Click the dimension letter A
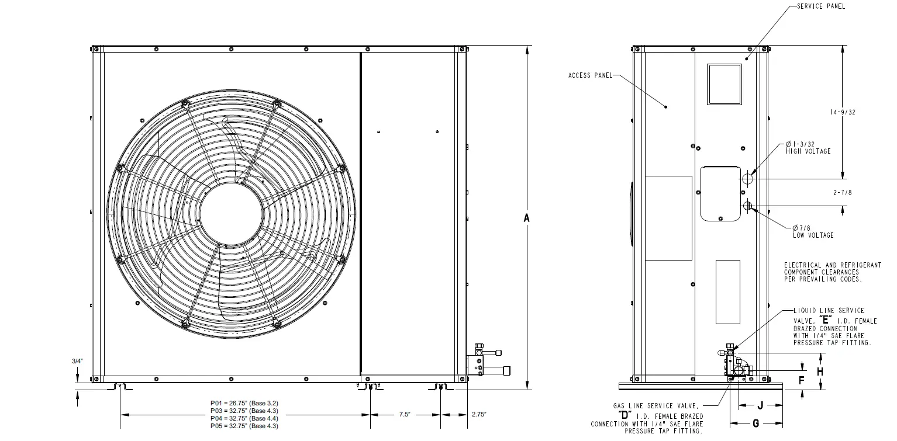tap(526, 218)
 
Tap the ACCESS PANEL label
tap(590, 75)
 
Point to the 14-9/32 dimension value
tap(843, 113)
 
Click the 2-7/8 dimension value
tap(843, 192)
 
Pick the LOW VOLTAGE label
tap(813, 235)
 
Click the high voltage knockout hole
tap(748, 178)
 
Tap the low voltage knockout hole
tap(747, 206)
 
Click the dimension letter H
tap(820, 371)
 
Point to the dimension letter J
tap(760, 405)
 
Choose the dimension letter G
tap(755, 422)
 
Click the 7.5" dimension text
tap(405, 414)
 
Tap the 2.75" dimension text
tap(478, 414)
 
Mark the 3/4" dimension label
tap(78, 361)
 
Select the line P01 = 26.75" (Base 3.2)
tap(244, 403)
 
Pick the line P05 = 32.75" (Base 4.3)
tap(244, 426)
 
